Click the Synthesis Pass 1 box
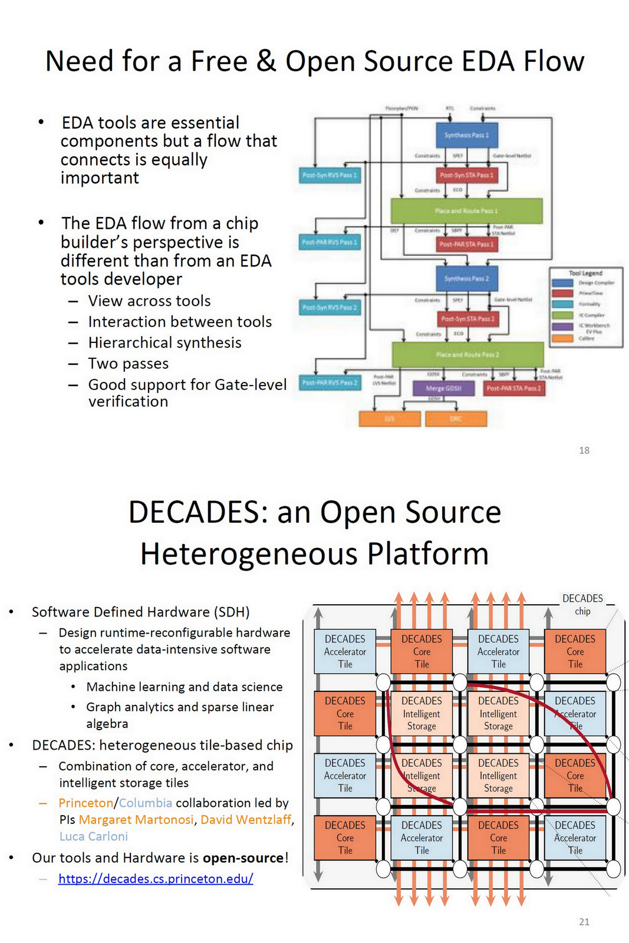click(466, 135)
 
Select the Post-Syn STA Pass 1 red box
click(466, 175)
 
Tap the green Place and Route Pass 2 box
click(467, 355)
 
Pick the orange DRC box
click(456, 418)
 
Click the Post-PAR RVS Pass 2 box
click(330, 383)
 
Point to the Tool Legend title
click(585, 273)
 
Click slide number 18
click(584, 450)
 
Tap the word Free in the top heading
click(219, 61)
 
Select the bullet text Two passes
click(128, 364)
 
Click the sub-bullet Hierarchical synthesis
click(164, 342)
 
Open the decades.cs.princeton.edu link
click(156, 879)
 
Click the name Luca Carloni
click(93, 836)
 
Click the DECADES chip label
click(582, 604)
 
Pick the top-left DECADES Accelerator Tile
click(345, 651)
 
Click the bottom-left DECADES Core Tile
click(345, 838)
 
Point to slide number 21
click(584, 922)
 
